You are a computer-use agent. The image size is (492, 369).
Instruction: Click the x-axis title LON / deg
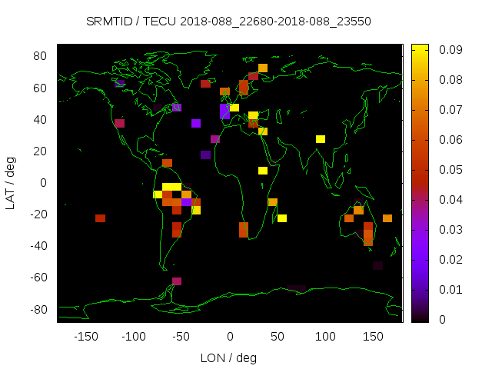point(228,357)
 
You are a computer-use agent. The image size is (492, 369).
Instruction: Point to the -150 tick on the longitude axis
point(85,337)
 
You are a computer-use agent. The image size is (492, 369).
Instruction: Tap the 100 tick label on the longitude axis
point(326,337)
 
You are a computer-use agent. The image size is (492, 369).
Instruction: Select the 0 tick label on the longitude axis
point(230,337)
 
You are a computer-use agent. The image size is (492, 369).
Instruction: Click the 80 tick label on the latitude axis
point(41,56)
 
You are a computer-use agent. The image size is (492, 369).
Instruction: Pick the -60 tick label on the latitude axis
point(38,278)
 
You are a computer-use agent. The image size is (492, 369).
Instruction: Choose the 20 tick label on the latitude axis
point(41,151)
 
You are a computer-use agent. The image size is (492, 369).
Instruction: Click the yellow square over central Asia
point(321,139)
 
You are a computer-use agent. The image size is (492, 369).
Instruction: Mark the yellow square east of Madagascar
point(282,218)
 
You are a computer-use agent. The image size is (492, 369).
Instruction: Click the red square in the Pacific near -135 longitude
point(100,218)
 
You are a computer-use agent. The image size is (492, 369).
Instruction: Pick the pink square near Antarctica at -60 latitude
point(177,281)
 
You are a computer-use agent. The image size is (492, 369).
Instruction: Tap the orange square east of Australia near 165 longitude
point(387,218)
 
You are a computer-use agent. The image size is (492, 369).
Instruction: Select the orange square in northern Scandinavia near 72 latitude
point(263,68)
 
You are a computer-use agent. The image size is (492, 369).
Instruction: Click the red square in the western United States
point(119,123)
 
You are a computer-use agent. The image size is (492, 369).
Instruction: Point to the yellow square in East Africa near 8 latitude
point(263,171)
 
